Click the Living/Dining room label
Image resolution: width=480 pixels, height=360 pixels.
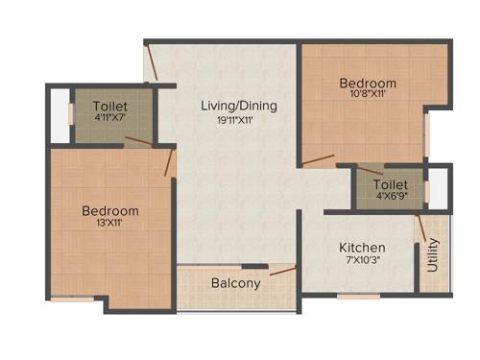tap(239, 105)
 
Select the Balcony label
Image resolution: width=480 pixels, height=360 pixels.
tap(235, 283)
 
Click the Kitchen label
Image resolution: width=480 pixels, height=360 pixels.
tap(363, 247)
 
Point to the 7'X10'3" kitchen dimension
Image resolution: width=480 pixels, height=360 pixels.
tap(363, 260)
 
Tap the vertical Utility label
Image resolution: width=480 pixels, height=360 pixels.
tap(433, 253)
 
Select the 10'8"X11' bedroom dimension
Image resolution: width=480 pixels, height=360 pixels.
tap(368, 95)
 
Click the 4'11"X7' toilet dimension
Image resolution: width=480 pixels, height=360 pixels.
tap(111, 118)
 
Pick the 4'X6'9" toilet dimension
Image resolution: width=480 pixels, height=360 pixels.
tap(391, 196)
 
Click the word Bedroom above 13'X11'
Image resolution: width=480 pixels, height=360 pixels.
tap(109, 210)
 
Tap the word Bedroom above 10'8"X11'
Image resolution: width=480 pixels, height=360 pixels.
tap(368, 84)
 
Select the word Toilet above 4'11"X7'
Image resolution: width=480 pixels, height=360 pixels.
tap(111, 106)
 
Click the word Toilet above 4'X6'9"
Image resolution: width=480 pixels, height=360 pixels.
tap(391, 183)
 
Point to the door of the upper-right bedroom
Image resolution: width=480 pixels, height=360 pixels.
tap(318, 159)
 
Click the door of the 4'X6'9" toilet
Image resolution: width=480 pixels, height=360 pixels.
tap(370, 169)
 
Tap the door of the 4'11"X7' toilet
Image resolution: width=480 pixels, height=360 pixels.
tap(137, 143)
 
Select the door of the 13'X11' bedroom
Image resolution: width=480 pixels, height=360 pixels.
tap(169, 161)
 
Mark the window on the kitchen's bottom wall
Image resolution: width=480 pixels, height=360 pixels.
tap(358, 297)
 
